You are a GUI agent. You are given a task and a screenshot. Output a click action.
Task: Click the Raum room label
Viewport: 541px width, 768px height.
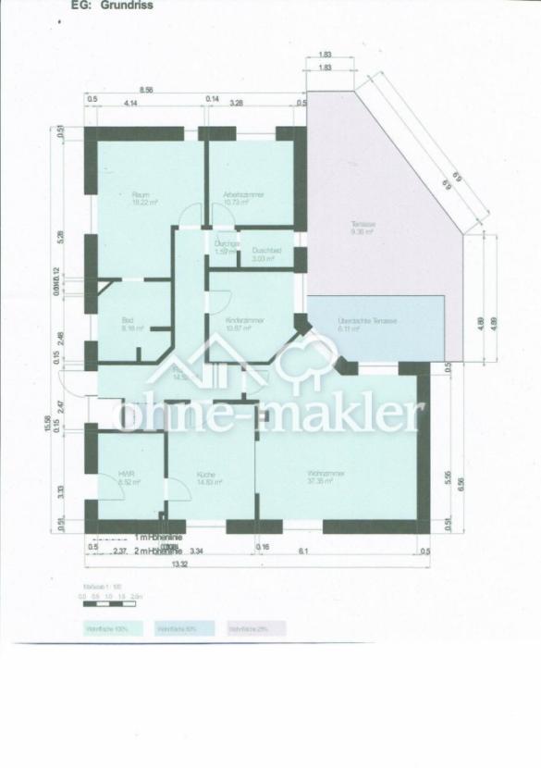pyautogui.click(x=141, y=194)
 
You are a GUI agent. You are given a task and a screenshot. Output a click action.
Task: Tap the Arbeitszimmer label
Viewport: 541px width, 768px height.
pyautogui.click(x=238, y=194)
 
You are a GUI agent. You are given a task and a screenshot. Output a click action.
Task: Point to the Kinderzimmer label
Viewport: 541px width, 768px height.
pyautogui.click(x=245, y=320)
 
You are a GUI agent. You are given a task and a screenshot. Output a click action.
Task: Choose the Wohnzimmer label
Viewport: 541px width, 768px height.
pyautogui.click(x=327, y=474)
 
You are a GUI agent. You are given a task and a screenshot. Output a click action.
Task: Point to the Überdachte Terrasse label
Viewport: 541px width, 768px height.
pyautogui.click(x=368, y=320)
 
